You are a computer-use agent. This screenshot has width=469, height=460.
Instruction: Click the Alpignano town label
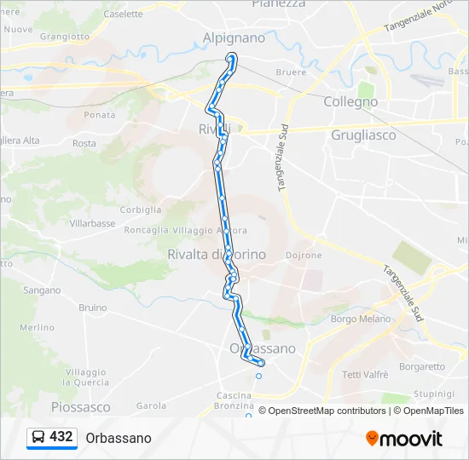pyautogui.click(x=234, y=37)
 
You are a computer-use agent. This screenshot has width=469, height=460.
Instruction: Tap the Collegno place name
pyautogui.click(x=350, y=101)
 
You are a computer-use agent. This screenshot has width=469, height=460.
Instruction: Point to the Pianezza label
pyautogui.click(x=278, y=4)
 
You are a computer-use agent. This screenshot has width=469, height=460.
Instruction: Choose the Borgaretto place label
pyautogui.click(x=422, y=367)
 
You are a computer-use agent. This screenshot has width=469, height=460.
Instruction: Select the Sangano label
pyautogui.click(x=41, y=290)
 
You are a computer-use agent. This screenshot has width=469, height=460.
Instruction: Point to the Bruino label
pyautogui.click(x=92, y=308)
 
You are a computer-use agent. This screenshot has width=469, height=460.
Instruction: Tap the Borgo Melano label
pyautogui.click(x=360, y=319)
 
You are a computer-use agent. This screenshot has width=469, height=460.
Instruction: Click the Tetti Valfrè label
pyautogui.click(x=365, y=375)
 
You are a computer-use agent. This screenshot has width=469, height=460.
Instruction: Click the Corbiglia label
pyautogui.click(x=141, y=210)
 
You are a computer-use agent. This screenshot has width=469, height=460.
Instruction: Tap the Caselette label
pyautogui.click(x=123, y=14)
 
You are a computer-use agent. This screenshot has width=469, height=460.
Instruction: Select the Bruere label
pyautogui.click(x=291, y=72)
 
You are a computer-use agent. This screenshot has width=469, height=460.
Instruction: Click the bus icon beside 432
pyautogui.click(x=38, y=438)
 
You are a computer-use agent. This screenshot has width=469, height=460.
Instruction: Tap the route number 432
pyautogui.click(x=61, y=437)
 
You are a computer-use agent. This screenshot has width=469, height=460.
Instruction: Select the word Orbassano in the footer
pyautogui.click(x=119, y=438)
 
